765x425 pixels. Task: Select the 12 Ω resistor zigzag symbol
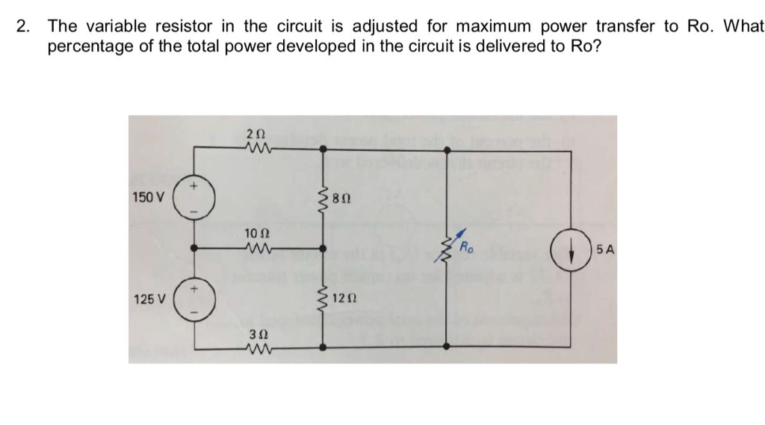[323, 299]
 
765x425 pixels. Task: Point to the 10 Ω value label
[255, 234]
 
